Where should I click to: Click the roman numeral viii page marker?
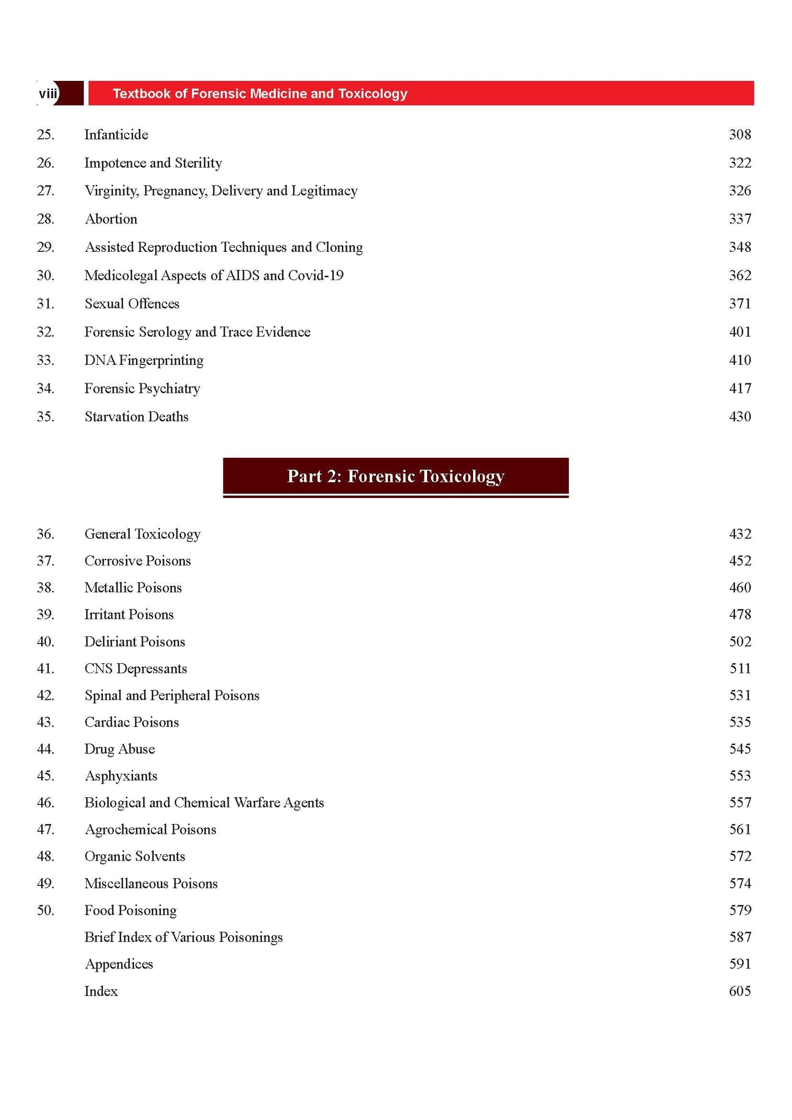tap(48, 93)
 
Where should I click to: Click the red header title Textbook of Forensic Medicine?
tap(260, 93)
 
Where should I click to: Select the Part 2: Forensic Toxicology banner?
tap(395, 476)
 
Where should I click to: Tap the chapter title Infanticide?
tap(116, 135)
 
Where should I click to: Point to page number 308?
tap(740, 135)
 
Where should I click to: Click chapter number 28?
tap(45, 219)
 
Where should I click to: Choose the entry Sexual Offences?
tap(132, 304)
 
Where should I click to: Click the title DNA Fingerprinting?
tap(144, 360)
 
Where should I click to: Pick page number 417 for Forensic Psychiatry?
tap(740, 389)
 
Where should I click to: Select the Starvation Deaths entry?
tap(136, 417)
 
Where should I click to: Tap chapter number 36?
tap(45, 534)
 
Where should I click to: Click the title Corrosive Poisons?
tap(137, 561)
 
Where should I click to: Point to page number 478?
tap(740, 615)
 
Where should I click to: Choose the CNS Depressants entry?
tap(136, 669)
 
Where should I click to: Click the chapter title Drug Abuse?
tap(119, 749)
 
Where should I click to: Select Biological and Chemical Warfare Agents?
tap(204, 803)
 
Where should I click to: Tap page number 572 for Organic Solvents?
tap(740, 856)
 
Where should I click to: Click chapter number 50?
tap(45, 910)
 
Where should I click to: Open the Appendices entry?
tap(119, 964)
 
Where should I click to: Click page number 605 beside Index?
tap(740, 991)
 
